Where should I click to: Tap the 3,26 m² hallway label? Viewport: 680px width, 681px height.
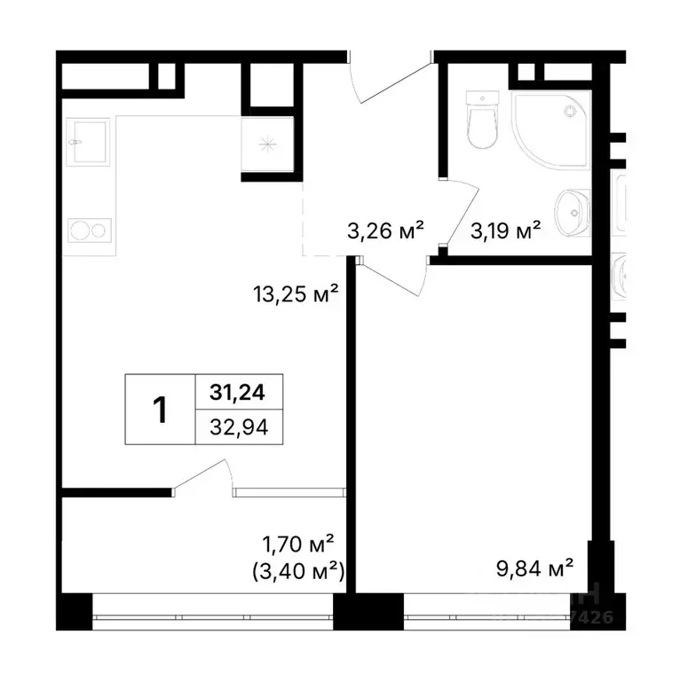pyautogui.click(x=384, y=231)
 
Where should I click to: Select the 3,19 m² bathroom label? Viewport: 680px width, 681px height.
pyautogui.click(x=505, y=231)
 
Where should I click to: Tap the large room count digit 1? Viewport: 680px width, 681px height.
pyautogui.click(x=161, y=409)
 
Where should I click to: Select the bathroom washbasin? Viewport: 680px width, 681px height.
pyautogui.click(x=571, y=213)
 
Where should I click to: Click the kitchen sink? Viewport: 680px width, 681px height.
pyautogui.click(x=87, y=143)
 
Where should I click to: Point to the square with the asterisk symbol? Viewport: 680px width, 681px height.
pyautogui.click(x=265, y=145)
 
